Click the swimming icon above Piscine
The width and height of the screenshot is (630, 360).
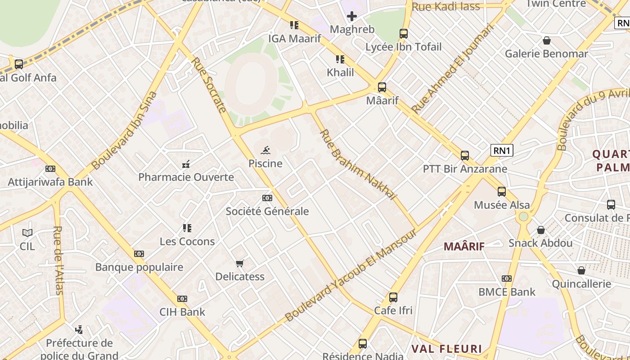[x=265, y=150]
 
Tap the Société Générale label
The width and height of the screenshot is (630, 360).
[x=267, y=211]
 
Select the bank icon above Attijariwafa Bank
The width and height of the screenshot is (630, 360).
[x=50, y=169]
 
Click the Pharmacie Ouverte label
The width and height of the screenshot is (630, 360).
[x=186, y=177]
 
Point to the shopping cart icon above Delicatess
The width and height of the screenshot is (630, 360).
[x=240, y=263]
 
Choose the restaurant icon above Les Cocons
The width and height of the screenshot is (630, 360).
[x=187, y=228]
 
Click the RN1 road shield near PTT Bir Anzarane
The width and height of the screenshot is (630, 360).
[x=501, y=150]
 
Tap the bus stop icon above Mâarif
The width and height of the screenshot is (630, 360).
[x=382, y=87]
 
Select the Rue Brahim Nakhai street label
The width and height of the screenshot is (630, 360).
[x=358, y=165]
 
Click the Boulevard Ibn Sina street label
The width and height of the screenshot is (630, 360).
[x=125, y=130]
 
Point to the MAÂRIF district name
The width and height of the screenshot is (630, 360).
[x=464, y=246]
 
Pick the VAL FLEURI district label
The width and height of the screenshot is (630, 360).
[x=446, y=349]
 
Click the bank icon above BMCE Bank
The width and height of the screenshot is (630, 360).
[x=507, y=279]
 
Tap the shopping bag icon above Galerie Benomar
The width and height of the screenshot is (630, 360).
[x=547, y=41]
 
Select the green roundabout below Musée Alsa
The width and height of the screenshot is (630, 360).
[x=523, y=217]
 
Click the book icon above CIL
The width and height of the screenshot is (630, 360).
[x=27, y=233]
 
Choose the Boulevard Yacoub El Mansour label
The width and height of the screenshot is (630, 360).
[x=351, y=275]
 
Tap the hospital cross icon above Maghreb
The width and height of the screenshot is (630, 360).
[x=352, y=17]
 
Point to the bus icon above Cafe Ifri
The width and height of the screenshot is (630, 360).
[x=393, y=297]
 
